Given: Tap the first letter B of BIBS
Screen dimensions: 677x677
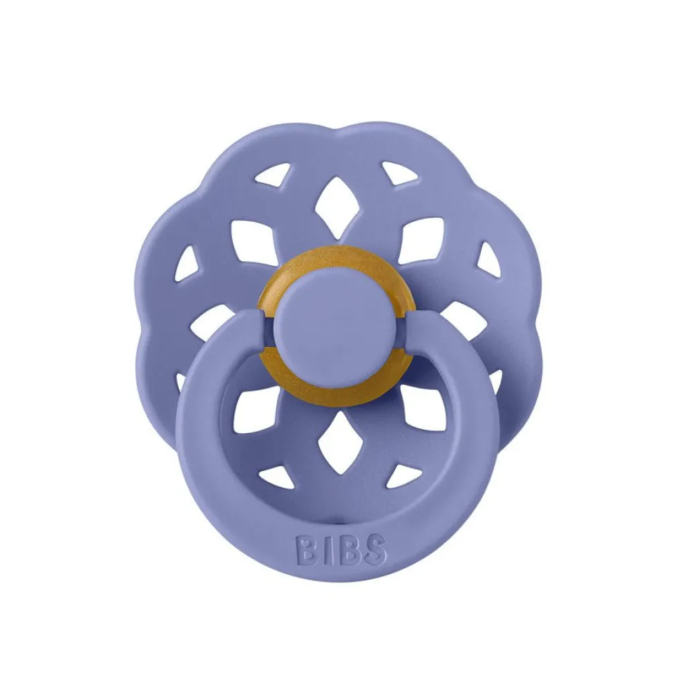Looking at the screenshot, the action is tap(305, 549).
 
